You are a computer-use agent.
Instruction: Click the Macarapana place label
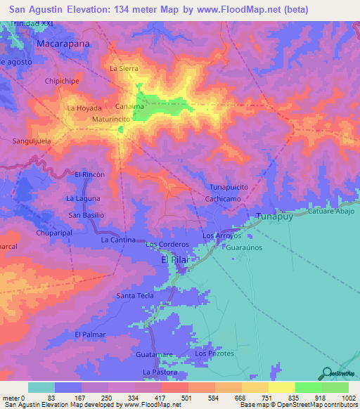pyautogui.click(x=62, y=44)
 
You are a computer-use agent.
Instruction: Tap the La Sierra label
pyautogui.click(x=124, y=69)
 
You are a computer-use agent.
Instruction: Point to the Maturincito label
pyautogui.click(x=111, y=119)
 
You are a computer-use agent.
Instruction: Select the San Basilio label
pyautogui.click(x=86, y=215)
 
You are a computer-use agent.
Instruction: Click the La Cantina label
pyautogui.click(x=118, y=240)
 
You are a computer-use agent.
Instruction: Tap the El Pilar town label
pyautogui.click(x=176, y=260)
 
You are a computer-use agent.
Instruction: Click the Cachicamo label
pyautogui.click(x=225, y=200)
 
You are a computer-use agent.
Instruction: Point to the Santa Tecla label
pyautogui.click(x=135, y=296)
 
